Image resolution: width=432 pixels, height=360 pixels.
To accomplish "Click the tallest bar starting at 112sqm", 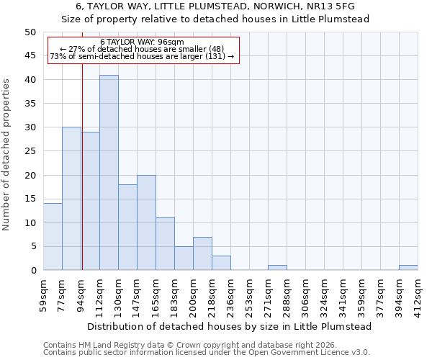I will pos(109,173).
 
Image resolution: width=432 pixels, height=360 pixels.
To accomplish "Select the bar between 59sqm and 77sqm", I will pos(53,237).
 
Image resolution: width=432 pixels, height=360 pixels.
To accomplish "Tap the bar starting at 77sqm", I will pos(71,199).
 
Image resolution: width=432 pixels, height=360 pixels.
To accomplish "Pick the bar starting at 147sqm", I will pos(146,222).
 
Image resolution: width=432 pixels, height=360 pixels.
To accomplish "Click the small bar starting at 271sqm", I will pos(277,268).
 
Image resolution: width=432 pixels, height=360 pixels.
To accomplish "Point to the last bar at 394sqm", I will pos(408,268).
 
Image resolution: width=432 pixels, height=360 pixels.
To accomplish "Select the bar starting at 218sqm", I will pos(221,263).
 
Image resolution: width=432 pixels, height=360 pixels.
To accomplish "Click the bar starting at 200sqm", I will pos(202,253).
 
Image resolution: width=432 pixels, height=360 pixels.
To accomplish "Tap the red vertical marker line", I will pos(82,180).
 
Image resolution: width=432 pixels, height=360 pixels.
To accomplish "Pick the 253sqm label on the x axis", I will pos(249,295).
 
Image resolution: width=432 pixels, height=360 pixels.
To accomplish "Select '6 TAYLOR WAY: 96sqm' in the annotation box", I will pos(143,42).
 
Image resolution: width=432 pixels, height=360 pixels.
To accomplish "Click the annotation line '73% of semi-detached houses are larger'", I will pos(143,56).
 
